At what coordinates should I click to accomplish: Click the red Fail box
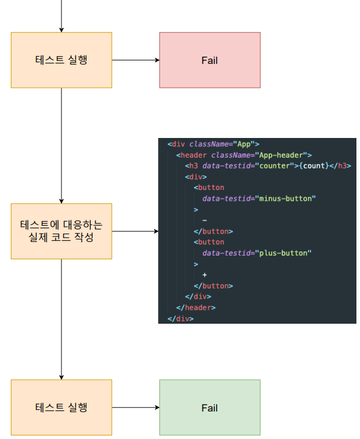coord(210,60)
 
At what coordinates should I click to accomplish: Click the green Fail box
coord(210,407)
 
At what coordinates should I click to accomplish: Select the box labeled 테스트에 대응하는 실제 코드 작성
coord(61,231)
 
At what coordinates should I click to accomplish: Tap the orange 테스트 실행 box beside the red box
coord(61,60)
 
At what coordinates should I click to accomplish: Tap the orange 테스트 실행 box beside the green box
coord(61,407)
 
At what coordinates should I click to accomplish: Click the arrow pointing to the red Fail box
coord(136,60)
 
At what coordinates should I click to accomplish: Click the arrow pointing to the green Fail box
coord(136,407)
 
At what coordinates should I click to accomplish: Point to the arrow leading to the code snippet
coord(135,231)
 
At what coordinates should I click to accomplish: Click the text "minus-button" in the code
coord(285,198)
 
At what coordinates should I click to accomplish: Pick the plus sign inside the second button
coord(204,275)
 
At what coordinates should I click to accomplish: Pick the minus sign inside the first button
coord(204,220)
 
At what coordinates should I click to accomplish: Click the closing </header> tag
coord(196,307)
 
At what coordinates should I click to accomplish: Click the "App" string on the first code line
coord(244,144)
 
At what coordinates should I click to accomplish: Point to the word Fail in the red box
coord(210,60)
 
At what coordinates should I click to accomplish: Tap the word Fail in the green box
coord(210,408)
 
